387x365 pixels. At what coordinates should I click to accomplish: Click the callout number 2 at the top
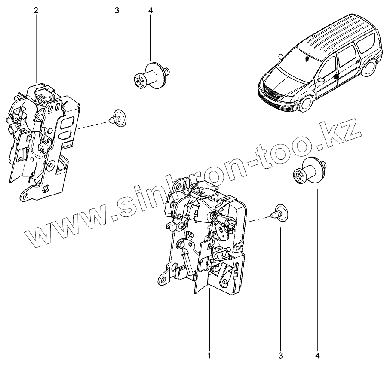tap(36, 10)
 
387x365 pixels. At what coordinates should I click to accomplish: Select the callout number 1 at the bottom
tap(209, 355)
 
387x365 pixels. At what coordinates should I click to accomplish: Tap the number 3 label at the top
tap(117, 10)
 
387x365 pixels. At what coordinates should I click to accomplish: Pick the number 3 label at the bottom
tap(280, 355)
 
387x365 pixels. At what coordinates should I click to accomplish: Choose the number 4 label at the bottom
tap(318, 355)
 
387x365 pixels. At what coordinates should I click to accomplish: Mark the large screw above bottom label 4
tap(309, 172)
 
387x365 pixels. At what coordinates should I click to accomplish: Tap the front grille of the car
tap(270, 95)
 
